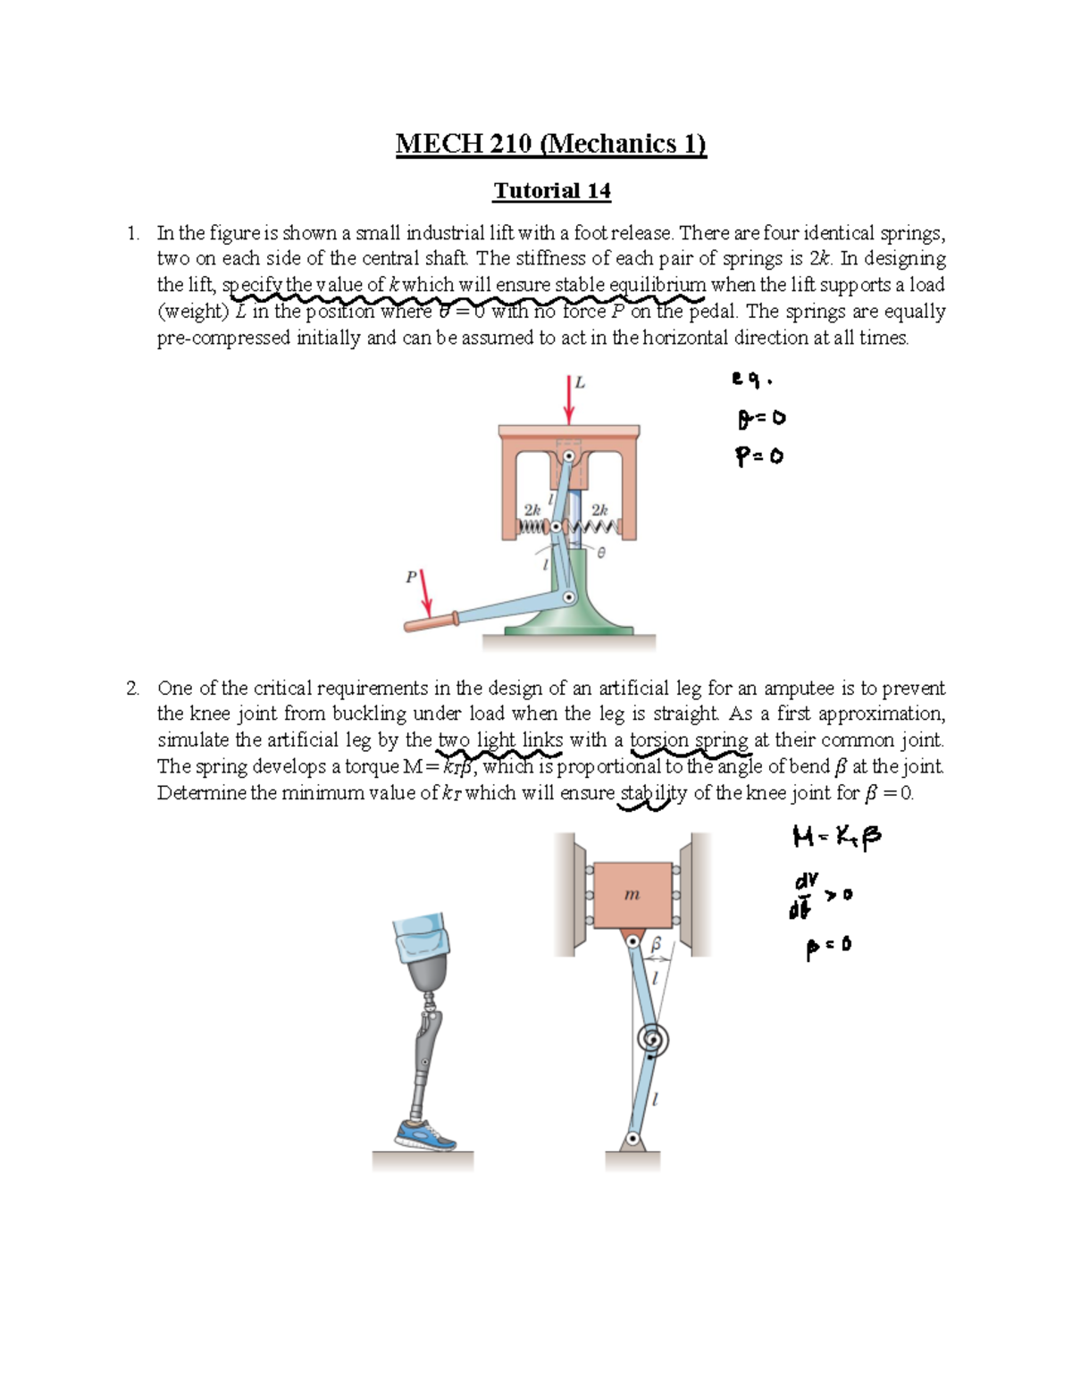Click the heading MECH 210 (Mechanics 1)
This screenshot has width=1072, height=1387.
pos(551,144)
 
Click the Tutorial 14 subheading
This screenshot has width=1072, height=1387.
pos(552,191)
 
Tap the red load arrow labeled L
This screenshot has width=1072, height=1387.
pos(569,400)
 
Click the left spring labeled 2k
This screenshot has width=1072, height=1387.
pos(532,527)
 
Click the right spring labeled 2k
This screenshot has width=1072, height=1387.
pos(600,527)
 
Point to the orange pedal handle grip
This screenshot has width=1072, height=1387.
pos(428,622)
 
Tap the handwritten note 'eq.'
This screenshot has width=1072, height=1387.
pos(751,380)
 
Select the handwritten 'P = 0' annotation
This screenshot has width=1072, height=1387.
pos(759,456)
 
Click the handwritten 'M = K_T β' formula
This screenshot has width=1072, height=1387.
pos(837,837)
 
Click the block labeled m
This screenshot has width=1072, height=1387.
pos(632,894)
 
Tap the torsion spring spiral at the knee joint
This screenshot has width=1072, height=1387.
pos(653,1040)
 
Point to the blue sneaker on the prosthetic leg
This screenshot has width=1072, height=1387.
pos(426,1134)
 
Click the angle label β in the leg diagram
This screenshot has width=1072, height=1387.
pos(657,943)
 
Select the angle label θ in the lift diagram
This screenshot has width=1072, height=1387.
pos(601,554)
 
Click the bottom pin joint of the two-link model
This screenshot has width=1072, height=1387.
pos(632,1139)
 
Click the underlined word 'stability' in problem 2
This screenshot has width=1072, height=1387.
pos(653,793)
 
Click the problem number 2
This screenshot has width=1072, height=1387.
pos(132,688)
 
